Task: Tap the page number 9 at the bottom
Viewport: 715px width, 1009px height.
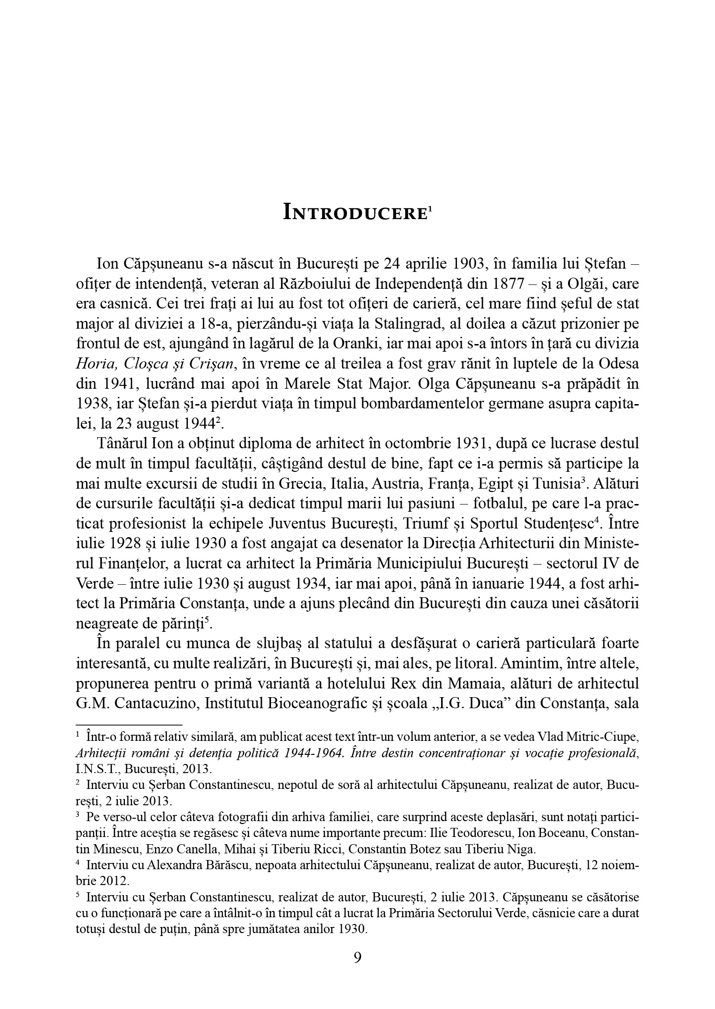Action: [x=357, y=957]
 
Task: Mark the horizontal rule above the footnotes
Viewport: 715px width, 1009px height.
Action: [x=129, y=724]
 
